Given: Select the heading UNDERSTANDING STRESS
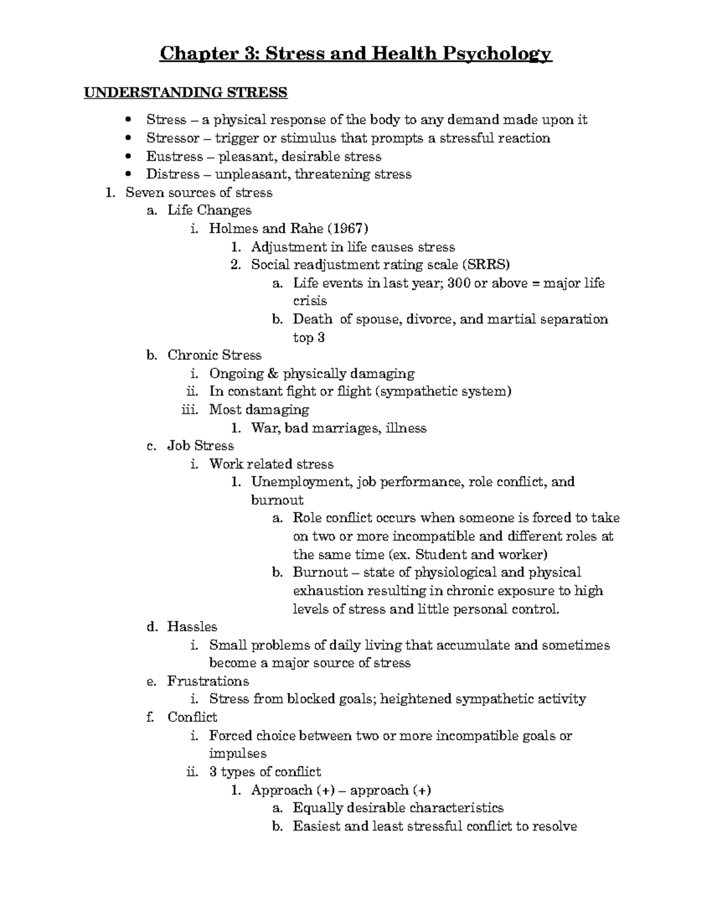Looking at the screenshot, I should pyautogui.click(x=185, y=93).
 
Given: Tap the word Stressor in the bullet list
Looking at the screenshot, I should pyautogui.click(x=173, y=138).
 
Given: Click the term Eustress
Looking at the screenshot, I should pyautogui.click(x=174, y=157).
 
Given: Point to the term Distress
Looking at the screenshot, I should pyautogui.click(x=173, y=175).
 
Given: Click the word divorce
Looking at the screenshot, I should pyautogui.click(x=431, y=319).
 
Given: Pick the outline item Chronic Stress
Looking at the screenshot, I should pyautogui.click(x=214, y=356).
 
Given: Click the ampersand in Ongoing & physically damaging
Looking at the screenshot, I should pyautogui.click(x=273, y=374).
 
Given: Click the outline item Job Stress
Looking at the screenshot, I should pyautogui.click(x=201, y=446).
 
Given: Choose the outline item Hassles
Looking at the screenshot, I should pyautogui.click(x=192, y=627).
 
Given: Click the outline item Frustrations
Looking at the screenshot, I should pyautogui.click(x=208, y=681).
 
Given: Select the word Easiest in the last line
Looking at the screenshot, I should pyautogui.click(x=317, y=826).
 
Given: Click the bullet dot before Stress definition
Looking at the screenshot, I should pyautogui.click(x=128, y=121).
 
